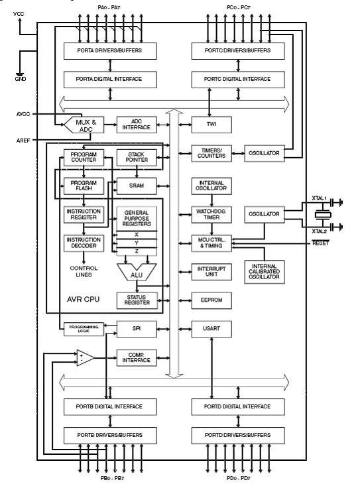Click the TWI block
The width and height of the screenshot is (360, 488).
coord(211,125)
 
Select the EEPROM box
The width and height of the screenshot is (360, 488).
coord(211,300)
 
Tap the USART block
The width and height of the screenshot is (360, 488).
coord(211,329)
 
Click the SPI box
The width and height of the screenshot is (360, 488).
coord(137,329)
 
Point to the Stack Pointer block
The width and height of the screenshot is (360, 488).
coord(137,157)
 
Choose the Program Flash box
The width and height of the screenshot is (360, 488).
coord(84,186)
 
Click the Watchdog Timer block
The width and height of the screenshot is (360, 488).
coord(211,214)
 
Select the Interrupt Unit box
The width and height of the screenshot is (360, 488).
coord(211,272)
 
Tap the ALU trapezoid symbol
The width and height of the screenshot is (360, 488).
coord(137,272)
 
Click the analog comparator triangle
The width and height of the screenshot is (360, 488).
coord(85,358)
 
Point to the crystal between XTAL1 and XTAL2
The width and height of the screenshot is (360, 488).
coord(323,215)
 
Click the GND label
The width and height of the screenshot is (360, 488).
coord(21,79)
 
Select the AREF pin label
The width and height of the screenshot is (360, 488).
coord(23,141)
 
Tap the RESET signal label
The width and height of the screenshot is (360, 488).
coord(320,243)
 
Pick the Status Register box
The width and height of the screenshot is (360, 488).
coord(137,300)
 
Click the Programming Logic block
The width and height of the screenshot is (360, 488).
coord(84,329)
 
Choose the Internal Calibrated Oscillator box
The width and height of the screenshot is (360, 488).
coord(264,272)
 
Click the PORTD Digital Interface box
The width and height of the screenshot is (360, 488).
coord(238,406)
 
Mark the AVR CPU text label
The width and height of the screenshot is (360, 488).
coord(83,300)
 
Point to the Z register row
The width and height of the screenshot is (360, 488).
coord(137,251)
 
